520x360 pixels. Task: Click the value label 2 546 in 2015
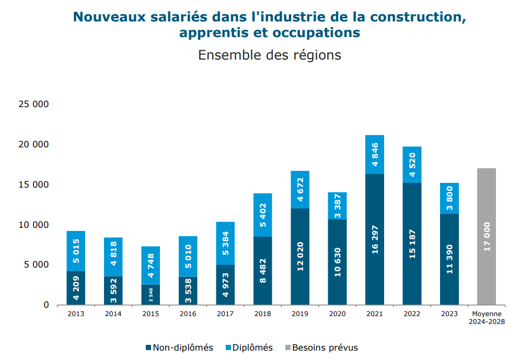(151, 295)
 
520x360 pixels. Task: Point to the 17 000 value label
(487, 237)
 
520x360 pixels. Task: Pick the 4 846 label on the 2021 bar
(375, 155)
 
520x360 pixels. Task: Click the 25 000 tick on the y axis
(33, 104)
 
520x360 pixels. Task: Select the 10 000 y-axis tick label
(33, 225)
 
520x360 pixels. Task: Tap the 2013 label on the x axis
(76, 313)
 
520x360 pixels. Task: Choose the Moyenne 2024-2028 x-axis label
(487, 317)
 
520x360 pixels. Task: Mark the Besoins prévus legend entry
(321, 347)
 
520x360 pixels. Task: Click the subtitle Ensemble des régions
(269, 55)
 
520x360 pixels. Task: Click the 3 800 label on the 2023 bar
(449, 198)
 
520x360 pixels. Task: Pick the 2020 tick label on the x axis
(338, 313)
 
